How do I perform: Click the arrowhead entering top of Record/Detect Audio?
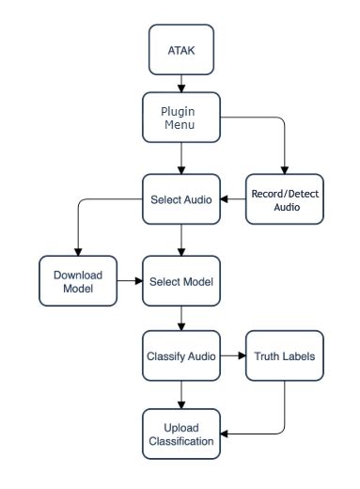283,169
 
